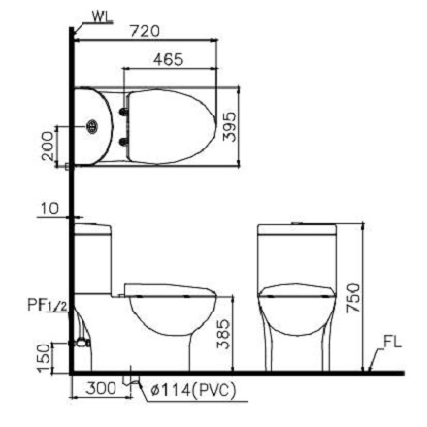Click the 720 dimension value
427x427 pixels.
pos(144,30)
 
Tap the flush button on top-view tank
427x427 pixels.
pos(92,126)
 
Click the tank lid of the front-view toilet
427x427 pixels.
pos(297,228)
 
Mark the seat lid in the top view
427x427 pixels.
pos(170,126)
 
